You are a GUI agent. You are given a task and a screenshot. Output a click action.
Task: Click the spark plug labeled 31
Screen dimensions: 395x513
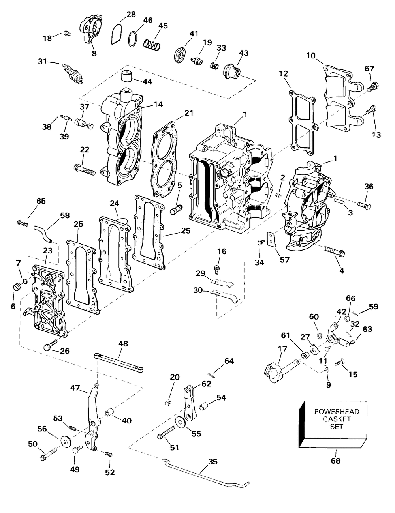(x=73, y=73)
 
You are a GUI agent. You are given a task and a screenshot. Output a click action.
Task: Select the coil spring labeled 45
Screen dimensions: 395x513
(x=152, y=45)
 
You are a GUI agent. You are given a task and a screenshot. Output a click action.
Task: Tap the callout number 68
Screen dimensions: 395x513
(x=336, y=461)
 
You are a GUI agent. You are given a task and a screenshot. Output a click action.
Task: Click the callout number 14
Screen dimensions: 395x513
(x=158, y=104)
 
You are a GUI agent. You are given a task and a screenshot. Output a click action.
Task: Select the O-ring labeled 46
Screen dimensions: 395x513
(x=133, y=39)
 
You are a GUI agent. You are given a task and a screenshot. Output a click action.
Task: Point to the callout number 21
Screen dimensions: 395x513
(x=189, y=113)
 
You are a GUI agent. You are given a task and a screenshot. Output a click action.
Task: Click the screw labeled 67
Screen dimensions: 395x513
(x=373, y=87)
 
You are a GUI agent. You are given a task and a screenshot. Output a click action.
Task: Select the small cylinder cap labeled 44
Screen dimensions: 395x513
(x=126, y=75)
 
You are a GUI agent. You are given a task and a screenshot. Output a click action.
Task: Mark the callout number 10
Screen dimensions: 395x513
(x=311, y=56)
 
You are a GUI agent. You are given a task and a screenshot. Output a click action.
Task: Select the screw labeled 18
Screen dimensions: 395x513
(x=68, y=34)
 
